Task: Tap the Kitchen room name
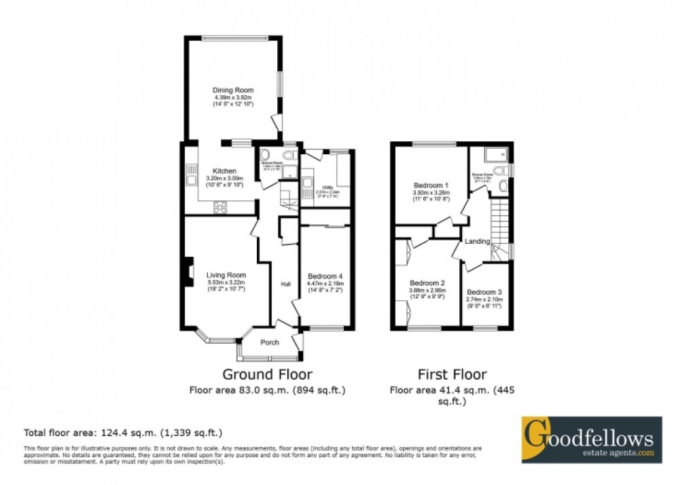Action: click(224, 170)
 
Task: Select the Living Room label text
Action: click(226, 274)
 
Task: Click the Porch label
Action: click(270, 342)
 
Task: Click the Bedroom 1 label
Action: click(431, 185)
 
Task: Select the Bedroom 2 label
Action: click(427, 283)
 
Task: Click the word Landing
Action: click(478, 241)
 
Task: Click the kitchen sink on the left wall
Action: click(190, 178)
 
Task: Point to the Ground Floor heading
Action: click(268, 374)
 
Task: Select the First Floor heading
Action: click(452, 374)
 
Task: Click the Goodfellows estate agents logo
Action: click(590, 439)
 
